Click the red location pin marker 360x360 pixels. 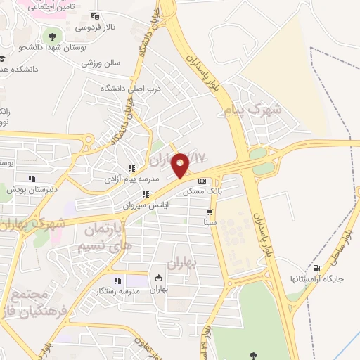[x=181, y=165]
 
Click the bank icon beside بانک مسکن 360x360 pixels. [x=202, y=180]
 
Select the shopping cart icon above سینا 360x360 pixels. [x=209, y=212]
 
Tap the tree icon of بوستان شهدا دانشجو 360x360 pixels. [x=51, y=35]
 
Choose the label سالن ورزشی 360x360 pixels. [x=100, y=63]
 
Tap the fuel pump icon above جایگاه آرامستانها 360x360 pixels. [x=316, y=267]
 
